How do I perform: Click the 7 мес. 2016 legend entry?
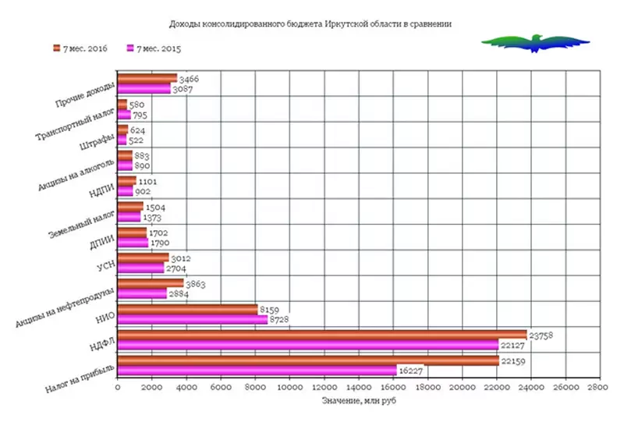pos(79,48)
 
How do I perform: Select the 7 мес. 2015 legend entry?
pos(154,48)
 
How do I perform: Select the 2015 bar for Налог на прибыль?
pos(257,370)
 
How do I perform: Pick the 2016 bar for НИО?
pos(187,309)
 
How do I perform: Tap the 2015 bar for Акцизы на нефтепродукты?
pos(142,293)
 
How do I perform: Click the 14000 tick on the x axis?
pos(358,386)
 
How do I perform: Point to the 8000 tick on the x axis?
pos(255,386)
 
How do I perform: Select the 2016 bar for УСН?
pos(143,257)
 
